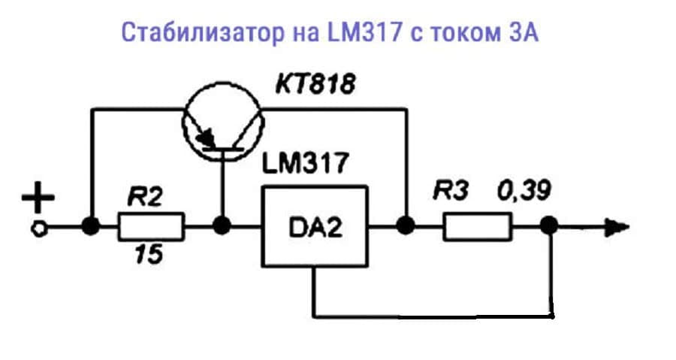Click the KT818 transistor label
(x=315, y=83)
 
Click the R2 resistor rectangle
(x=151, y=226)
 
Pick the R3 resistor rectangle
(x=478, y=226)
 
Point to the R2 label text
(x=145, y=197)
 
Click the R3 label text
(x=451, y=190)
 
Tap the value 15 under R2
(x=149, y=254)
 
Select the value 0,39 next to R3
(x=524, y=190)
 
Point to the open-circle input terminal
(x=38, y=229)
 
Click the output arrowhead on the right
(x=617, y=227)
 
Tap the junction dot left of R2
(x=91, y=226)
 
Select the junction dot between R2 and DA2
(x=222, y=226)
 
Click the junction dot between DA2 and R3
(x=406, y=226)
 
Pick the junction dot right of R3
(x=549, y=226)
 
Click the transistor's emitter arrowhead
(x=207, y=138)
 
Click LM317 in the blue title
(x=365, y=32)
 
